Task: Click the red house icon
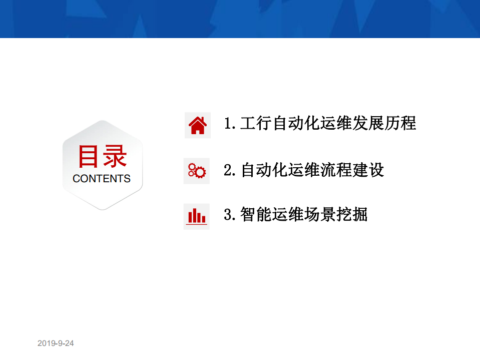(197, 125)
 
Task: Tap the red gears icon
(197, 171)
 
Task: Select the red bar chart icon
(197, 216)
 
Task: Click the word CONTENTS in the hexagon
(102, 179)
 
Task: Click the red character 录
(115, 157)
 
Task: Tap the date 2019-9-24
(56, 343)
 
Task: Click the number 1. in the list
(230, 124)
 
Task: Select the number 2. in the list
(230, 170)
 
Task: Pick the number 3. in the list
(230, 215)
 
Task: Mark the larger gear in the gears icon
(200, 173)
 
